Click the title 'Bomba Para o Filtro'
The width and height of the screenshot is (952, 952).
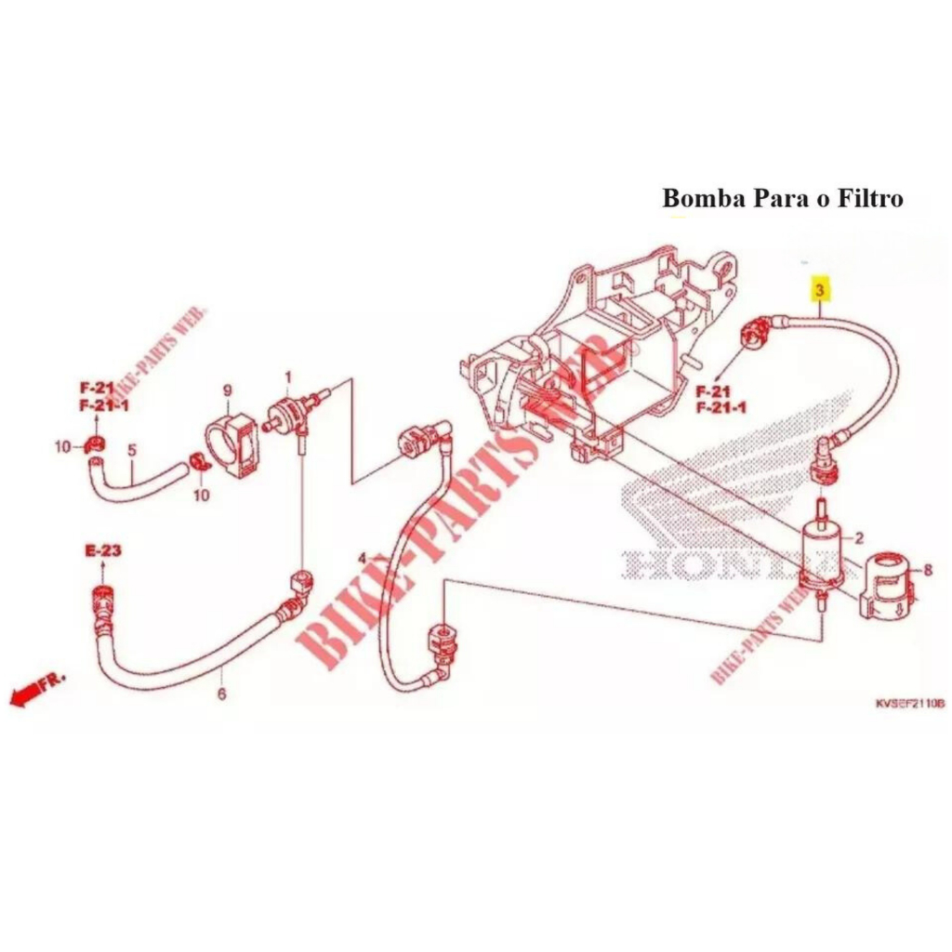(782, 198)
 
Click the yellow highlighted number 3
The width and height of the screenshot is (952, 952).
(819, 290)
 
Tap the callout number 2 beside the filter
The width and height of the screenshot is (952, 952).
(859, 537)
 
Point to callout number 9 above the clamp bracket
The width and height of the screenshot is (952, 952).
(227, 390)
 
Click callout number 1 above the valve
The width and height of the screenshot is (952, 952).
(287, 377)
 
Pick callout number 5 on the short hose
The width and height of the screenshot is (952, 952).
(132, 450)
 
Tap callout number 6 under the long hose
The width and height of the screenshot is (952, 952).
(221, 694)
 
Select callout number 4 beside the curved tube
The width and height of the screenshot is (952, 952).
(362, 558)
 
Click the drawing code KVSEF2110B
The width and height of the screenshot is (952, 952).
(908, 704)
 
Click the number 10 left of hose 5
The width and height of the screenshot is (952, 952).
(61, 447)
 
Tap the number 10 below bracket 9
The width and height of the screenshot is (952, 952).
(201, 496)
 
